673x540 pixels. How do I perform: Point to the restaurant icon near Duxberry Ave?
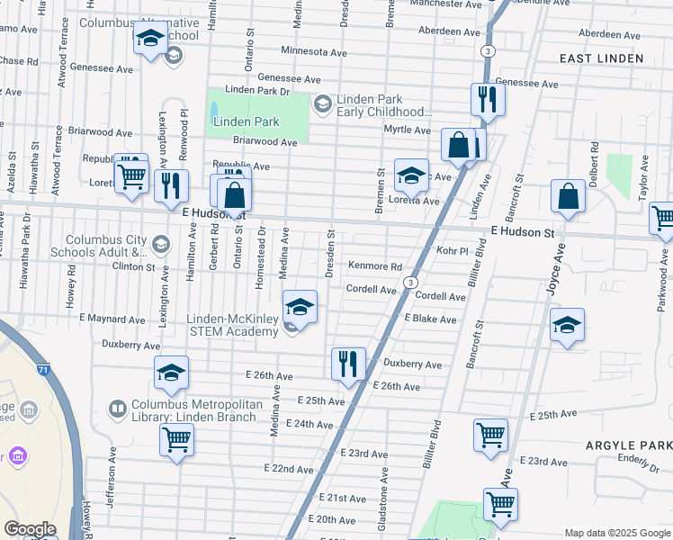point(347,364)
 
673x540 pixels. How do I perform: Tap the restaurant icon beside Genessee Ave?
point(488,99)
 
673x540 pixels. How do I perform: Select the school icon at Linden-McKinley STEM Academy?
point(300,308)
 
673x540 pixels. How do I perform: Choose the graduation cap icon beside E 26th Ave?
point(171,374)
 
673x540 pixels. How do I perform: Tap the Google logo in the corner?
point(30,529)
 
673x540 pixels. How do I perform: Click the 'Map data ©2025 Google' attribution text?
point(617,533)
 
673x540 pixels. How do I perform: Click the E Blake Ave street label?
point(430,319)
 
